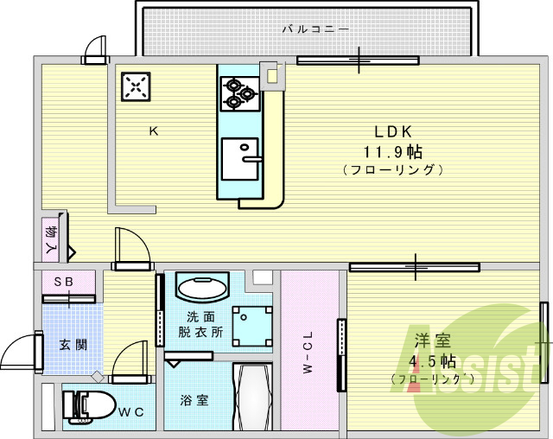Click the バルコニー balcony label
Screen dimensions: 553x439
(x=316, y=29)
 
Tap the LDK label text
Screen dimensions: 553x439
(x=393, y=131)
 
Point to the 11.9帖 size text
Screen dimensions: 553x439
(x=393, y=152)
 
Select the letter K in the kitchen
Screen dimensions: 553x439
(x=154, y=131)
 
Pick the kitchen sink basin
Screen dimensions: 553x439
(x=240, y=159)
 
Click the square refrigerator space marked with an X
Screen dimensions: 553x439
(x=136, y=86)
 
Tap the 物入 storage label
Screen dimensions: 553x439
(x=51, y=239)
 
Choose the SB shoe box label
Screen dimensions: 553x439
(x=64, y=282)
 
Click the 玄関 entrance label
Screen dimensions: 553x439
(x=73, y=344)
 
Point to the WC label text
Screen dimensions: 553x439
(x=131, y=412)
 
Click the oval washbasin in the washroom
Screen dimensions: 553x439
(x=203, y=288)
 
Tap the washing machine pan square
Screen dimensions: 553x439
(x=252, y=326)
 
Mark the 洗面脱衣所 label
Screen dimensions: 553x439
(x=200, y=324)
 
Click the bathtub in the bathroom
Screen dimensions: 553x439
(x=253, y=397)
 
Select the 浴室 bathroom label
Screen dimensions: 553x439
(x=194, y=400)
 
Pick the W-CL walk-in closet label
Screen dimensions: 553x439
(x=308, y=352)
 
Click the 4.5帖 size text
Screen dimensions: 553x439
(x=432, y=360)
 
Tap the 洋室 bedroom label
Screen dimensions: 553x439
(x=432, y=340)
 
